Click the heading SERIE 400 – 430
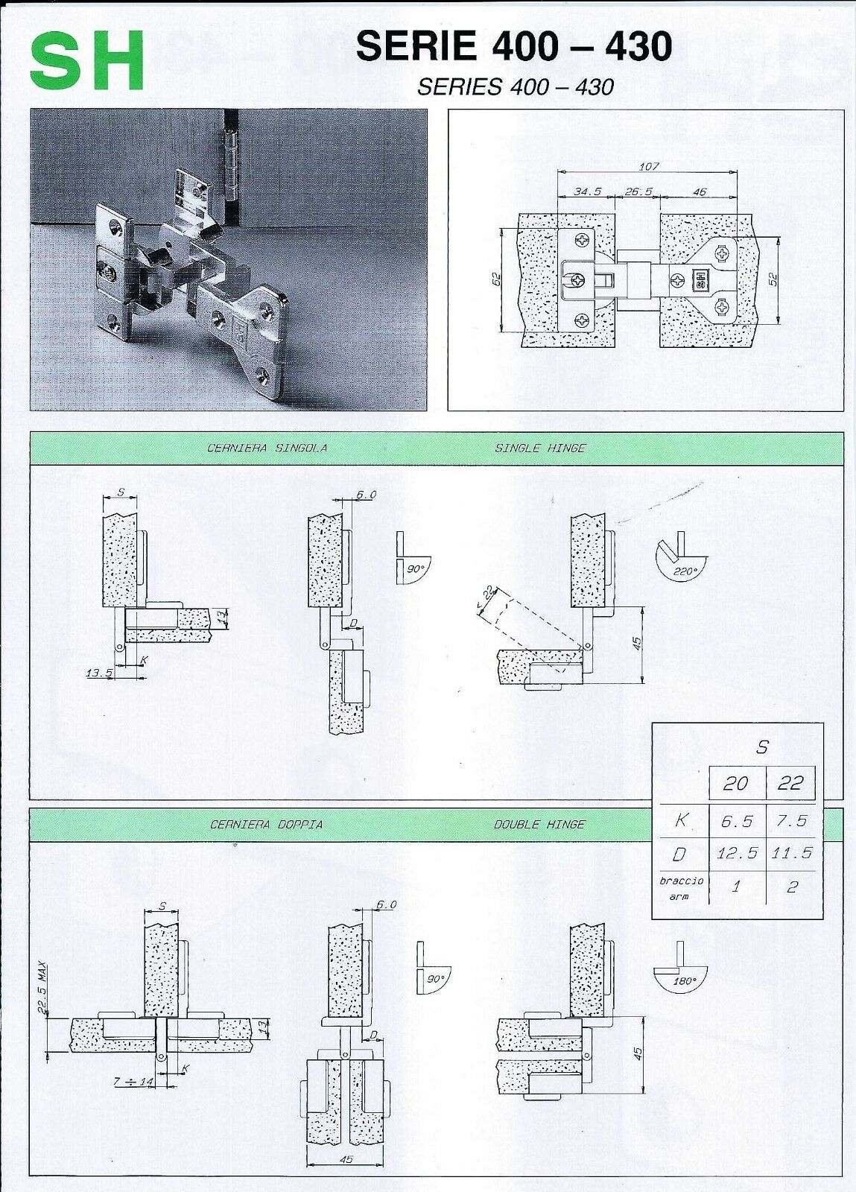click(x=515, y=46)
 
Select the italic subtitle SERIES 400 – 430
click(x=516, y=87)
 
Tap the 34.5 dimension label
click(x=588, y=191)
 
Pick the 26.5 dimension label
click(x=638, y=191)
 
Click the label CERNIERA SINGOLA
click(x=267, y=448)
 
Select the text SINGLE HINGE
click(x=540, y=448)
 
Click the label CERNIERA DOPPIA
click(x=266, y=825)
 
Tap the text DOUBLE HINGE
click(x=539, y=825)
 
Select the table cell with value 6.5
click(x=737, y=821)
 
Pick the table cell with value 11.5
click(x=791, y=853)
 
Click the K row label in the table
click(x=679, y=820)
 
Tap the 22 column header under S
click(x=790, y=782)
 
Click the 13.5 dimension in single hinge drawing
click(x=99, y=673)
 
